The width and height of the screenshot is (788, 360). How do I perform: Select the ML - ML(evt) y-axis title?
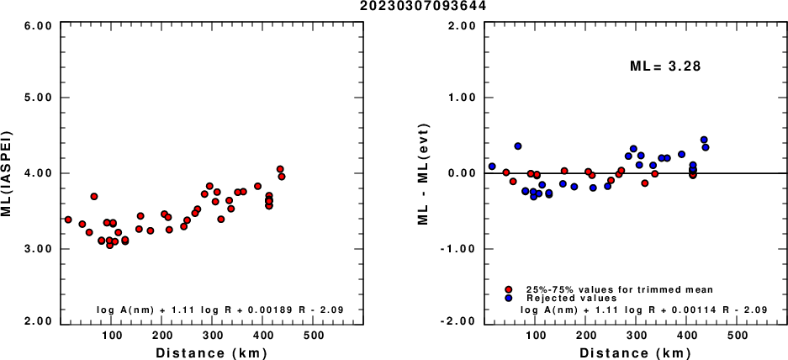click(x=426, y=173)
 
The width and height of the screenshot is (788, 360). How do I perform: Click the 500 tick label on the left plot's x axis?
click(x=315, y=335)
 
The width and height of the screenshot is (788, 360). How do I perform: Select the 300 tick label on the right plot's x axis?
click(x=637, y=335)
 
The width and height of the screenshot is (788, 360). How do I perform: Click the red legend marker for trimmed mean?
click(x=509, y=289)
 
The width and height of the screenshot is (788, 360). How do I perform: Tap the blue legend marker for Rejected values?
click(x=509, y=298)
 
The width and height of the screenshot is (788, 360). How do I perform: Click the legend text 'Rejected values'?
click(x=572, y=298)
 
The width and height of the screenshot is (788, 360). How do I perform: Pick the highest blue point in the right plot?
click(x=704, y=140)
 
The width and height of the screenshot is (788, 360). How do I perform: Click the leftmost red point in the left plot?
click(x=68, y=220)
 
